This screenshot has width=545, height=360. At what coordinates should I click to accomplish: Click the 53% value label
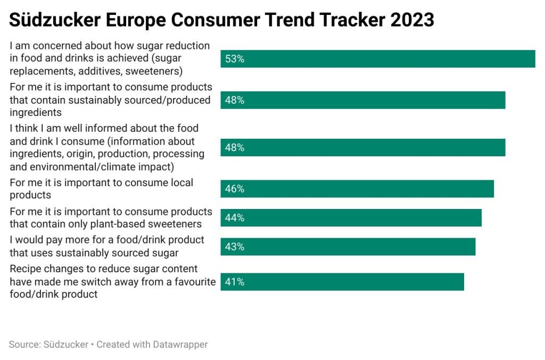235,59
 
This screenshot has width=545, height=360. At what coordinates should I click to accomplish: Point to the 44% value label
235,217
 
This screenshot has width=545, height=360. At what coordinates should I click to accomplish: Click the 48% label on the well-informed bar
235,148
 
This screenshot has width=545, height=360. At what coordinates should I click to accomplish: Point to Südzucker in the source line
65,345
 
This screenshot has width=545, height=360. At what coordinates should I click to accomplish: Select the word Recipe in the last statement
26,269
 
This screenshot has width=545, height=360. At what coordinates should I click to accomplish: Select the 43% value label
235,247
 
